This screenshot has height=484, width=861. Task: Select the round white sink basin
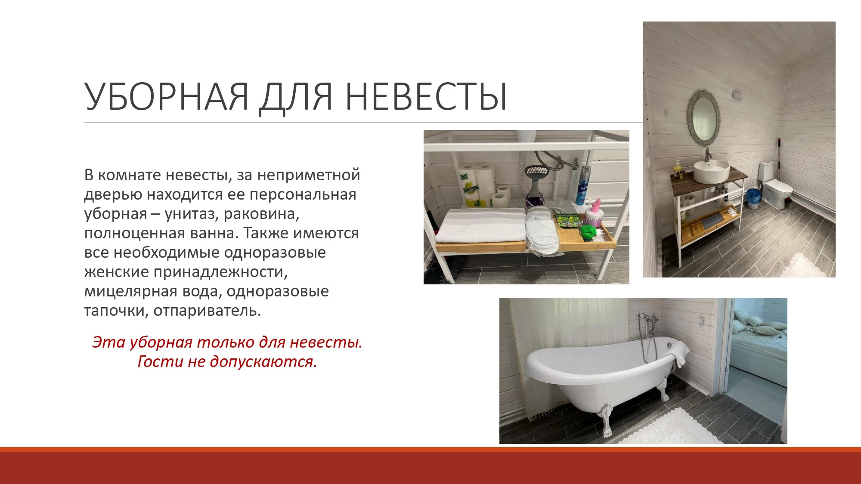point(711,172)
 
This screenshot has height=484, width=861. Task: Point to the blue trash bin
point(753,198)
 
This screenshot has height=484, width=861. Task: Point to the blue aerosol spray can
point(582,185)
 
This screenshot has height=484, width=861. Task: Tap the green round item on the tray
point(588,231)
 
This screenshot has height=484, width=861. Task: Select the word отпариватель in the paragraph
point(207,310)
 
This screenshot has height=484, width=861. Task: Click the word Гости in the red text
point(160,361)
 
